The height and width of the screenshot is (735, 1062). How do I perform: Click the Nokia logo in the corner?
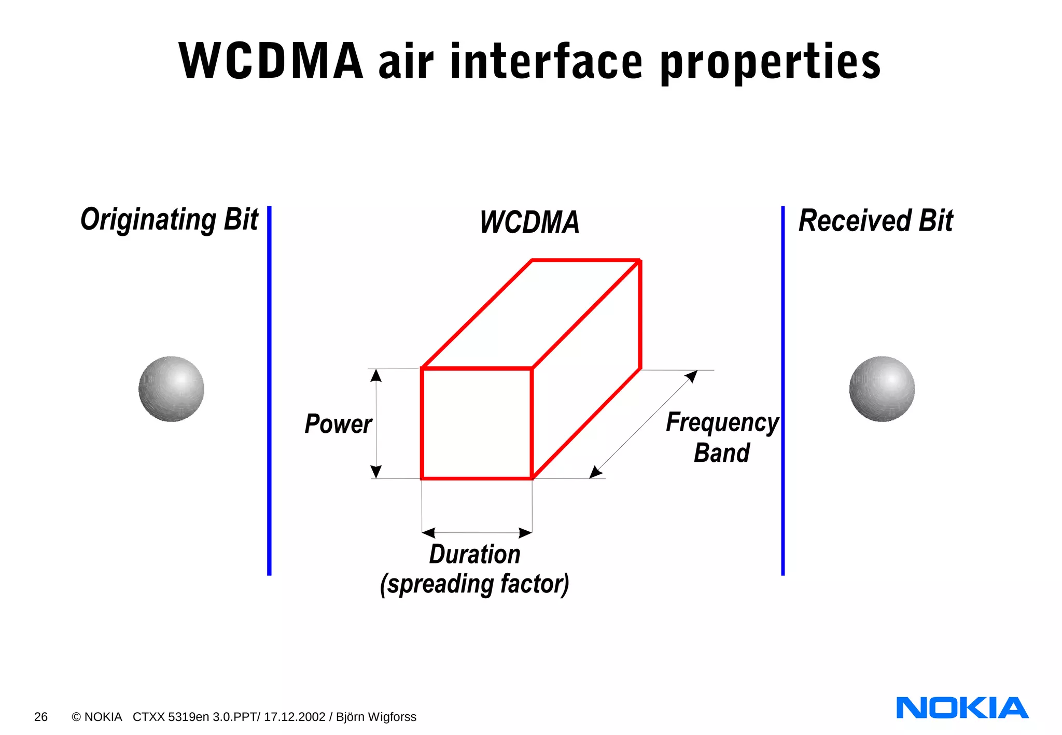pos(962,708)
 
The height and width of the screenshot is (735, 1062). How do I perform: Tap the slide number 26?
pos(40,717)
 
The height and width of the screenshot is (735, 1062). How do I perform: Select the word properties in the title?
pos(770,63)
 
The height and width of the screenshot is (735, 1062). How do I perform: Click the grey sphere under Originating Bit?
pos(171,389)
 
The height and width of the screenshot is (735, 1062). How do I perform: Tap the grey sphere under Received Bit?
pos(882,389)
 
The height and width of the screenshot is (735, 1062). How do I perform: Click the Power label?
pos(338,424)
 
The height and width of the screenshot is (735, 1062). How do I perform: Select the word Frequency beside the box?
pos(722,422)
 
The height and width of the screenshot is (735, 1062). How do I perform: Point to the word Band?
pos(722,453)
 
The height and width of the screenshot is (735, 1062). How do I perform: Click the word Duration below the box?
pos(474,554)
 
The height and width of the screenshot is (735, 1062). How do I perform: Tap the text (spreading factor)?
pos(474,584)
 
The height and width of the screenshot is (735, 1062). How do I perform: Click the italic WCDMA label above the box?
pos(529,222)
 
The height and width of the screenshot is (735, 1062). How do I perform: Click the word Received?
pos(855,220)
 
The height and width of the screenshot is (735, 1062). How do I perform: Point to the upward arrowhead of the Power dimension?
pos(376,375)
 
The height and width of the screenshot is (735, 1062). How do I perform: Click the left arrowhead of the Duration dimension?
pos(428,532)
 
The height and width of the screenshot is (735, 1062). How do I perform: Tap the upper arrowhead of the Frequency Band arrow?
pos(692,376)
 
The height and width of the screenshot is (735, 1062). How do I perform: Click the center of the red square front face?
pos(477,423)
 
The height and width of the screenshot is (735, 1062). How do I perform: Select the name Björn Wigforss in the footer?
pos(376,717)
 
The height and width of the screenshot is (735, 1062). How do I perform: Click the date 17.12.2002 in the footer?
pos(294,717)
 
